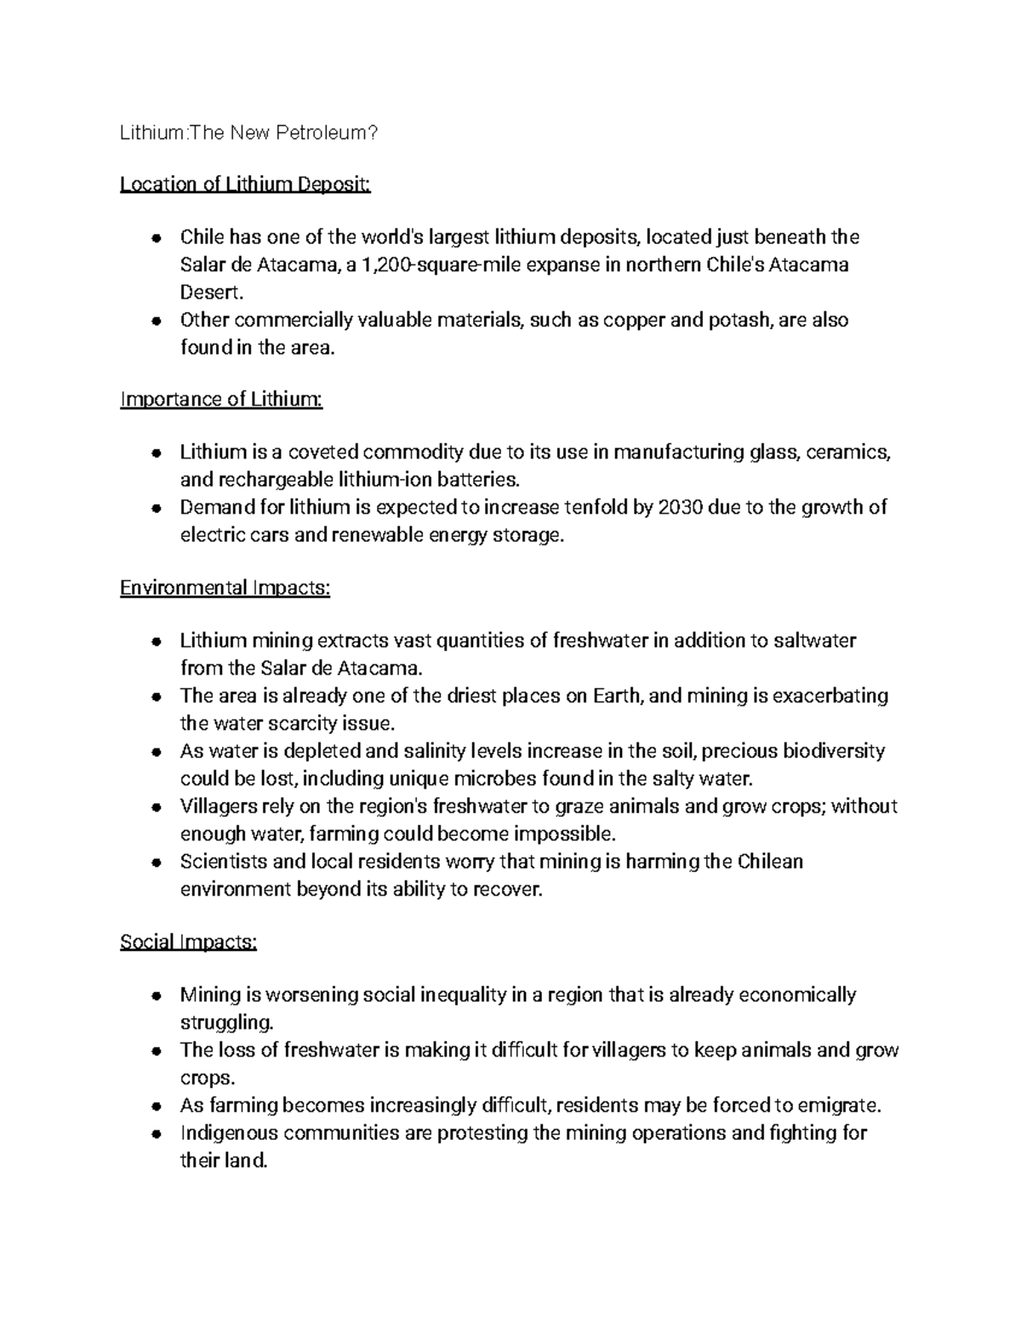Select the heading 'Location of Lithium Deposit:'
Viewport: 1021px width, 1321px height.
tap(245, 185)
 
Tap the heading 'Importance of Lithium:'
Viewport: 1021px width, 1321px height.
tap(221, 399)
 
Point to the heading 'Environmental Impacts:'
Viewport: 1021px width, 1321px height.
tap(225, 588)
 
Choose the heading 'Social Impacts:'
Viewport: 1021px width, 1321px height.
tap(188, 942)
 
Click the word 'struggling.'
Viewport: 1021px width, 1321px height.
tap(227, 1022)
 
